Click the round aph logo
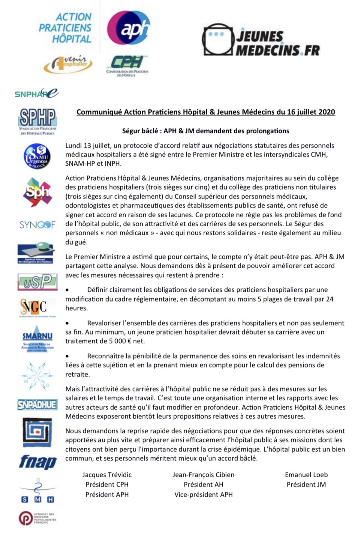click(129, 28)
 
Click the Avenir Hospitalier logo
click(68, 64)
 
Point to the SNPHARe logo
click(36, 93)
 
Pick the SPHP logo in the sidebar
click(37, 121)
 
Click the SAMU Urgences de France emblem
click(37, 156)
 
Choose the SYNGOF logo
click(37, 225)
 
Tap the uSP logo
click(37, 282)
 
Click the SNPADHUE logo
click(37, 405)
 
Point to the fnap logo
click(37, 462)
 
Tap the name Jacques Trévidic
click(107, 475)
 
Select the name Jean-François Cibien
click(203, 475)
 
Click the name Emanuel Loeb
click(306, 475)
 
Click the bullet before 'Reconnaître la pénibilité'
click(67, 356)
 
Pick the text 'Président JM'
click(306, 484)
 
